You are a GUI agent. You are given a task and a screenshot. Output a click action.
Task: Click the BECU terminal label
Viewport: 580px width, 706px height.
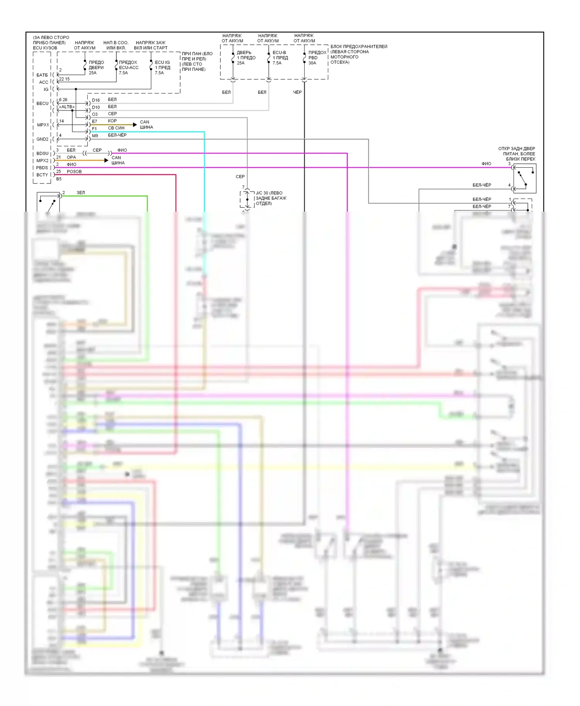coord(43,104)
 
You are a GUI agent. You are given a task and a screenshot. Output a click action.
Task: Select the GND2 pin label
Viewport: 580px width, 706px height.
coord(43,139)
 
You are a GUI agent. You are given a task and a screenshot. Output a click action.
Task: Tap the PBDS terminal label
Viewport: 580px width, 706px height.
coord(42,168)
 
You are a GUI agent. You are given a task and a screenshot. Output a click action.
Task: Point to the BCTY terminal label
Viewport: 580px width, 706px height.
coord(42,175)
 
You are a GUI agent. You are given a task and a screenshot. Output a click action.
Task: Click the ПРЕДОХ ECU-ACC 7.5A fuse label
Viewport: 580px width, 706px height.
coord(128,68)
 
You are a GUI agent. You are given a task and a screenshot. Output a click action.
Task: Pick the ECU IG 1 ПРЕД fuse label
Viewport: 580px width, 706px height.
coord(162,68)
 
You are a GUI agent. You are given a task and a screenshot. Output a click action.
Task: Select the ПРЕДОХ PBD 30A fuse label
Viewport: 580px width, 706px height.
coord(317,58)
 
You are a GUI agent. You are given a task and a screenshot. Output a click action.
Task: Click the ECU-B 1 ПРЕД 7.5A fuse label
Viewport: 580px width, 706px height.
coord(280,58)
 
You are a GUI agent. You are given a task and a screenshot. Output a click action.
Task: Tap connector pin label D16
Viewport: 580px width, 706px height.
coord(96,100)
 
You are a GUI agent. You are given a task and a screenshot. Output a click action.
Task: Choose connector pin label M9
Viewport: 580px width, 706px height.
coord(95,136)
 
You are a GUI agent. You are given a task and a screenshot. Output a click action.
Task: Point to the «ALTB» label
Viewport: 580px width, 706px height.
coord(67,107)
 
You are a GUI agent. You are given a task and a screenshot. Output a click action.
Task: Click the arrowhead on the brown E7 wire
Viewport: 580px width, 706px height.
coord(135,125)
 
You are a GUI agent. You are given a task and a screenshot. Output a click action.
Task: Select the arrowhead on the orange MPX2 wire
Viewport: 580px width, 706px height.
coord(106,160)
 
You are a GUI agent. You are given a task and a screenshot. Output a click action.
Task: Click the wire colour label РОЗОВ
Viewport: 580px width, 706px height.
coord(74,171)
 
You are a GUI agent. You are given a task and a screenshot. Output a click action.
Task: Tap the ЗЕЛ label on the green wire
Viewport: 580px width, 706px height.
coord(80,192)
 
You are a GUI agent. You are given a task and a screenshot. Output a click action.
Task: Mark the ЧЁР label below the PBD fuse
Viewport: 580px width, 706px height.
coord(297,92)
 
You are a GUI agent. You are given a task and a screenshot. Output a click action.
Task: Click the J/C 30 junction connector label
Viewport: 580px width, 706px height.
coord(271,198)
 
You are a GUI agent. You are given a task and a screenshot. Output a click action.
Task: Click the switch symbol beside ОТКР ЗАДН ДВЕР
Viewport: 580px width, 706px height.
coord(524,178)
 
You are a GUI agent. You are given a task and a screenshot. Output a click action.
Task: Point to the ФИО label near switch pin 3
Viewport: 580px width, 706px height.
coord(486,164)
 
